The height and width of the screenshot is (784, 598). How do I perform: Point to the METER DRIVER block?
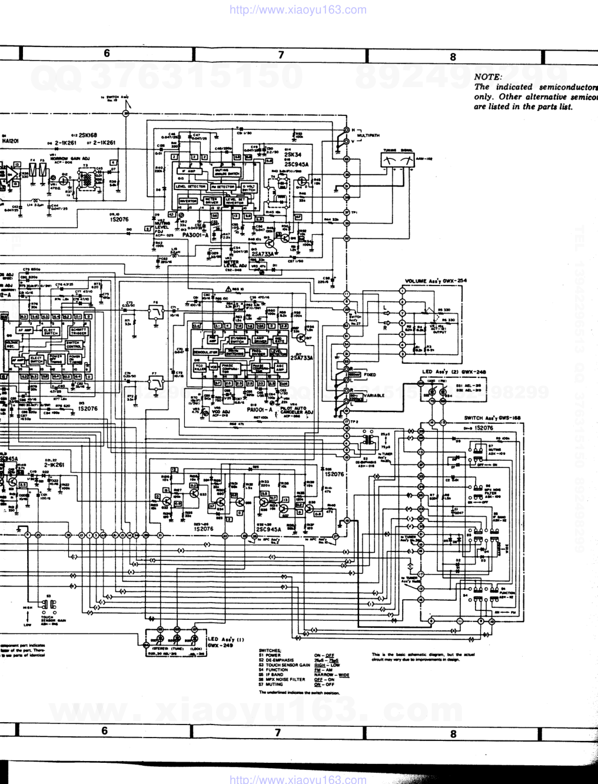tap(211, 201)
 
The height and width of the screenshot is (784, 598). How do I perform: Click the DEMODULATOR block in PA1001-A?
tap(206, 353)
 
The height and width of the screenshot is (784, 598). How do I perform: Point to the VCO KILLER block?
tap(200, 367)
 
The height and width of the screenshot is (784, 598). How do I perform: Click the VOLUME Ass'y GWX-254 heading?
tap(436, 281)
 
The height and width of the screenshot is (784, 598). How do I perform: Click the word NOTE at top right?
tap(487, 77)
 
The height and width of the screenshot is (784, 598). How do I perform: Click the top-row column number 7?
tap(281, 55)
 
